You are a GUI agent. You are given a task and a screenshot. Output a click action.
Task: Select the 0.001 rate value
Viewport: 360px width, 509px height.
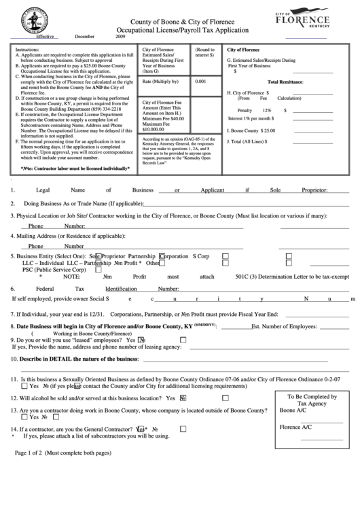(200, 81)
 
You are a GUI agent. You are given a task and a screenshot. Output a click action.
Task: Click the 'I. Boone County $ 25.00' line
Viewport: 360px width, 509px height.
(251, 130)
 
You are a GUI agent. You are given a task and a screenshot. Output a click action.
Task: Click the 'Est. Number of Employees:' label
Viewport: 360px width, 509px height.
(284, 327)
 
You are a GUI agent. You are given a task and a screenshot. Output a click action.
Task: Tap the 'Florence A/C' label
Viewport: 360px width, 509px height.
(295, 427)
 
